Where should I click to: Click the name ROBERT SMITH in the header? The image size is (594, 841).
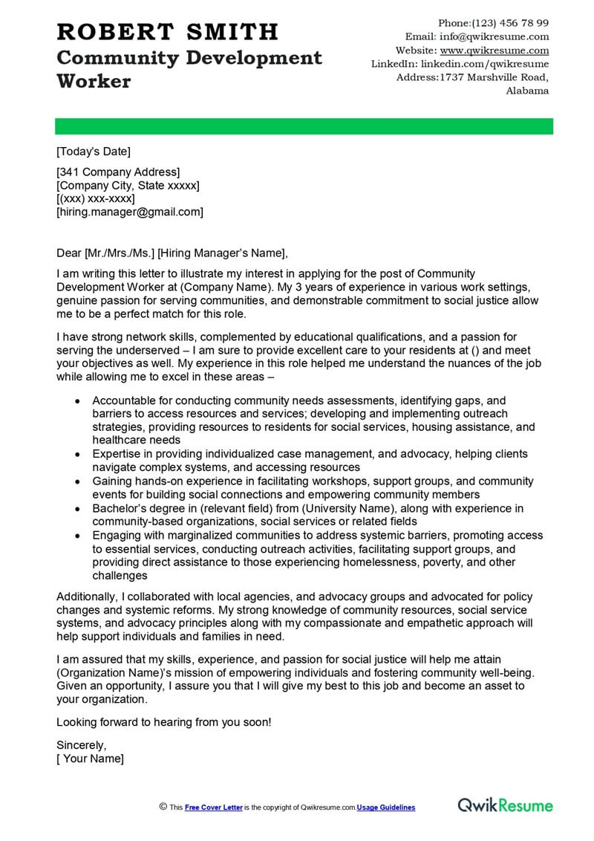pyautogui.click(x=167, y=32)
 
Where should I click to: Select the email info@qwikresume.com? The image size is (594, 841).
pyautogui.click(x=494, y=36)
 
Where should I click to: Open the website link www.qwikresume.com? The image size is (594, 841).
pyautogui.click(x=495, y=51)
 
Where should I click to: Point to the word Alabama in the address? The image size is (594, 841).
pyautogui.click(x=527, y=91)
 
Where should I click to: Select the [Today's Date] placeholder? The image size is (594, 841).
pyautogui.click(x=93, y=152)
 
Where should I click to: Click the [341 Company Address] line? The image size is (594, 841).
pyautogui.click(x=118, y=172)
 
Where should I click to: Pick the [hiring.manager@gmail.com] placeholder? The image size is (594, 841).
pyautogui.click(x=129, y=212)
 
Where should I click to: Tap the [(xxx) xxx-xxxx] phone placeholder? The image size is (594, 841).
pyautogui.click(x=96, y=199)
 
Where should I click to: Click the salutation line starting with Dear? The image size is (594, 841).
pyautogui.click(x=171, y=253)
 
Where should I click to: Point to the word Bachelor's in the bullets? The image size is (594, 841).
pyautogui.click(x=121, y=508)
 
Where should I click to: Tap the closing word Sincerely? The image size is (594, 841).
pyautogui.click(x=82, y=744)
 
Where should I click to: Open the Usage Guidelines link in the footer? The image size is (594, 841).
pyautogui.click(x=385, y=808)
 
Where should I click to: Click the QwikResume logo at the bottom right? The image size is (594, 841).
pyautogui.click(x=505, y=805)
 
